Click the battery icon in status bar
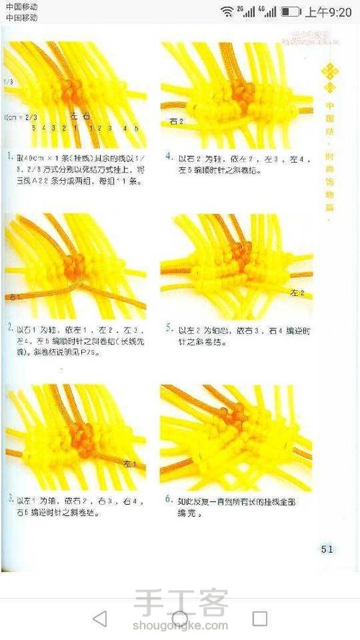(291, 12)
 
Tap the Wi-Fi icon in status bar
(227, 12)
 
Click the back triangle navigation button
(100, 618)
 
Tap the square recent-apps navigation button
(259, 618)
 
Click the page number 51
(326, 549)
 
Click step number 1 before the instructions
(8, 156)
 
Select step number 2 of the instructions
(8, 328)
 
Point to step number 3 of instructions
(8, 498)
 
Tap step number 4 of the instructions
(168, 156)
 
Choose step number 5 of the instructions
(168, 328)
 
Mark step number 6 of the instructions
(168, 498)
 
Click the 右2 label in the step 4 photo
(176, 122)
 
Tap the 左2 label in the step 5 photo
(297, 293)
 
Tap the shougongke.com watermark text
(180, 625)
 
